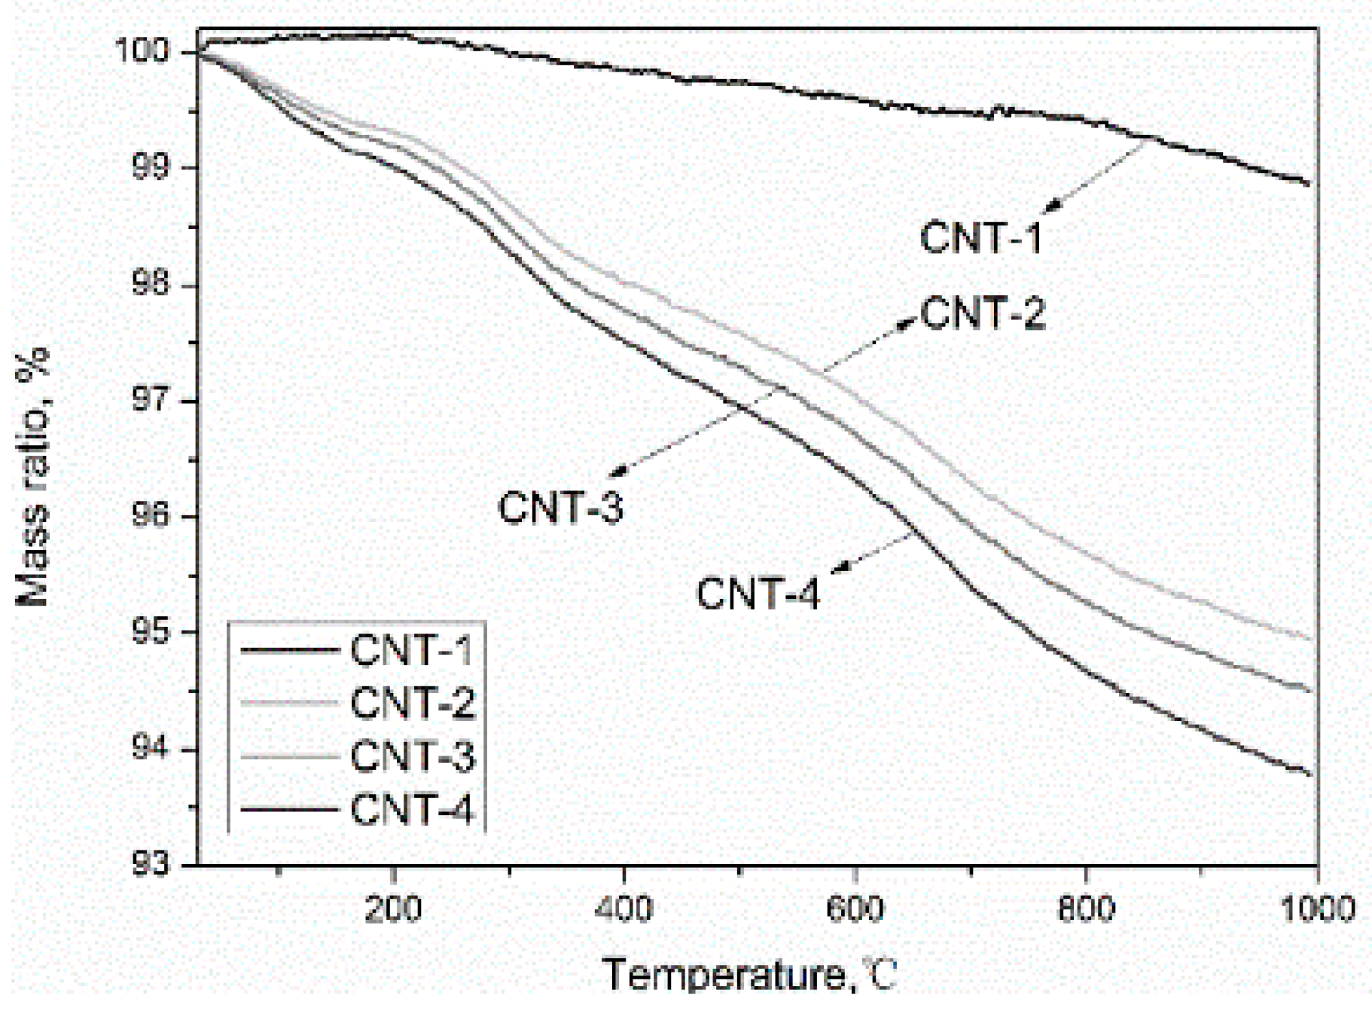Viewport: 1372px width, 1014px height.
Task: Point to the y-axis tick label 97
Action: (150, 399)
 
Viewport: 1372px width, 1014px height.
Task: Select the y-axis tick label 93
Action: (150, 864)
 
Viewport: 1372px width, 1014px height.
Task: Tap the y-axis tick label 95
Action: (150, 631)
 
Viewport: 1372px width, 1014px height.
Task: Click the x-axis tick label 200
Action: (392, 909)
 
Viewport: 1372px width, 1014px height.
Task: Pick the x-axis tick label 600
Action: (855, 909)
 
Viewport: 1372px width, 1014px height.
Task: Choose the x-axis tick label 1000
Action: (1317, 909)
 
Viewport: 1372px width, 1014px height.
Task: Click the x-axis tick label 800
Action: (1086, 909)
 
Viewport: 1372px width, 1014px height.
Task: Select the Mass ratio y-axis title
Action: (32, 476)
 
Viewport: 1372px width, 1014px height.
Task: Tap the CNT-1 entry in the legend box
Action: (411, 649)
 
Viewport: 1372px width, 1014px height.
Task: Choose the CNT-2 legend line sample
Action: (289, 702)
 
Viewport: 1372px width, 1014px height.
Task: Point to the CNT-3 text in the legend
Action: (413, 756)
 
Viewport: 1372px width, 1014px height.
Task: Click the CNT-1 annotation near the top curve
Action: (981, 237)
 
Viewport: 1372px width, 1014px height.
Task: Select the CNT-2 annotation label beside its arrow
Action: (983, 312)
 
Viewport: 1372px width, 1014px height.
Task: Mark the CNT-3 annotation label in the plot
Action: (561, 506)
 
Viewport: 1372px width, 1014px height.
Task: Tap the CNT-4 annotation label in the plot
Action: (758, 593)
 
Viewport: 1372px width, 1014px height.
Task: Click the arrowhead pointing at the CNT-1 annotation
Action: (1051, 206)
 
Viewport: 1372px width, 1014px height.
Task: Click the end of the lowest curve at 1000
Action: (1312, 774)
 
